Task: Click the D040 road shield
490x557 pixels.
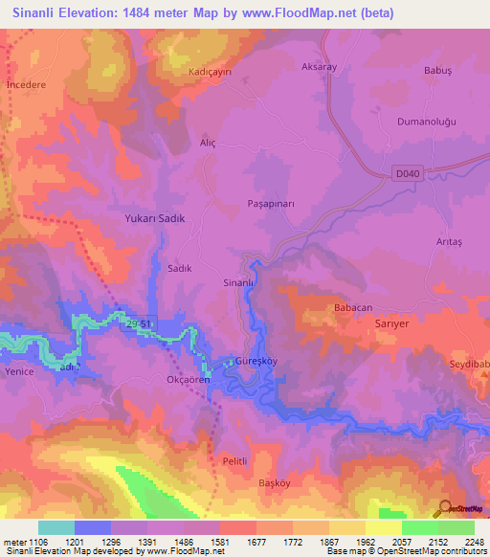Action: click(x=407, y=173)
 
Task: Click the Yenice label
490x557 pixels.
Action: click(x=19, y=371)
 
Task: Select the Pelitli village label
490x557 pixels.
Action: click(x=235, y=460)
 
